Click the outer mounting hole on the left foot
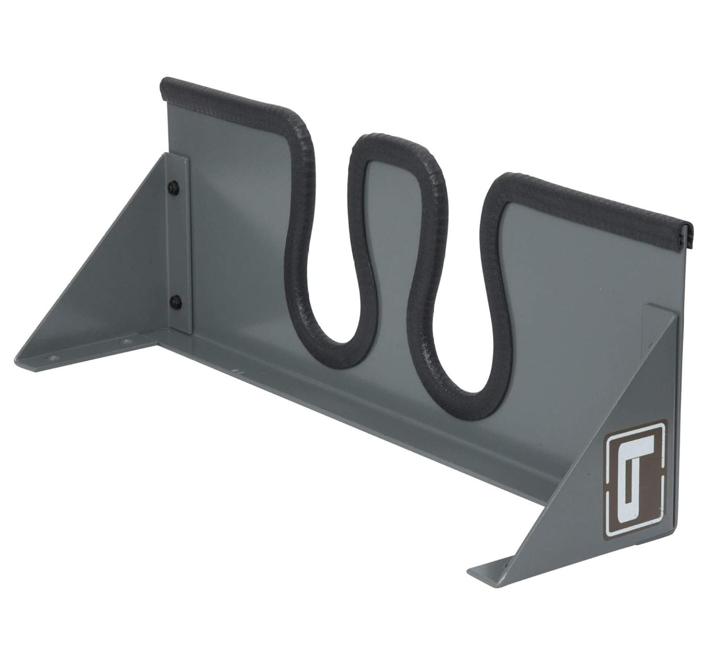(54, 357)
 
